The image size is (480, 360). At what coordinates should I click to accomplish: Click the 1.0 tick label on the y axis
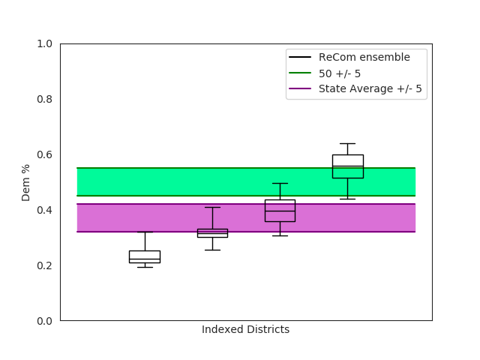click(44, 43)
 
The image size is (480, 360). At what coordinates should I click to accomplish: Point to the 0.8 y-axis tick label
click(44, 99)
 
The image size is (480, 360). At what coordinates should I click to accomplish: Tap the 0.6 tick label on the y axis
click(44, 154)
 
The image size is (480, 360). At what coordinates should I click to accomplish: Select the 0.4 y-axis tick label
click(44, 210)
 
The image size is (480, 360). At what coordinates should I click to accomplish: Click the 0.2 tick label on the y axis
click(44, 265)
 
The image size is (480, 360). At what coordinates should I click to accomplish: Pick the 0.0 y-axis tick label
click(44, 321)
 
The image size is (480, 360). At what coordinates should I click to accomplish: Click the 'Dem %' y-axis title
click(26, 182)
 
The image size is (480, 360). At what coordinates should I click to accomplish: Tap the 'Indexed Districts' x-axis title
click(245, 330)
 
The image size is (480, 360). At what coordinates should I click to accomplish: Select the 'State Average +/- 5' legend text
click(370, 89)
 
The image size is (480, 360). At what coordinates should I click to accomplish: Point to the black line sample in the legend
click(300, 58)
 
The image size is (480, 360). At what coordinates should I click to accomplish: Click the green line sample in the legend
click(300, 73)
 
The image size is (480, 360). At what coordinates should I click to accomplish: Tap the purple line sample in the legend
click(300, 89)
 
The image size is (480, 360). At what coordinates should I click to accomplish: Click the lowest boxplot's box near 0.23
click(145, 256)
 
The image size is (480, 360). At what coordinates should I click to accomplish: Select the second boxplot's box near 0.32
click(212, 232)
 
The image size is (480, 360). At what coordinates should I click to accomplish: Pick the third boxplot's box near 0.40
click(280, 211)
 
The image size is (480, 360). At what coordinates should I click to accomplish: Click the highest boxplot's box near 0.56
click(347, 166)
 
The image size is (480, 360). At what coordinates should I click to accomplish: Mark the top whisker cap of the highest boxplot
click(347, 143)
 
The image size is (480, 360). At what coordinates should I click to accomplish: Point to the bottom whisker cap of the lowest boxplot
click(145, 267)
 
